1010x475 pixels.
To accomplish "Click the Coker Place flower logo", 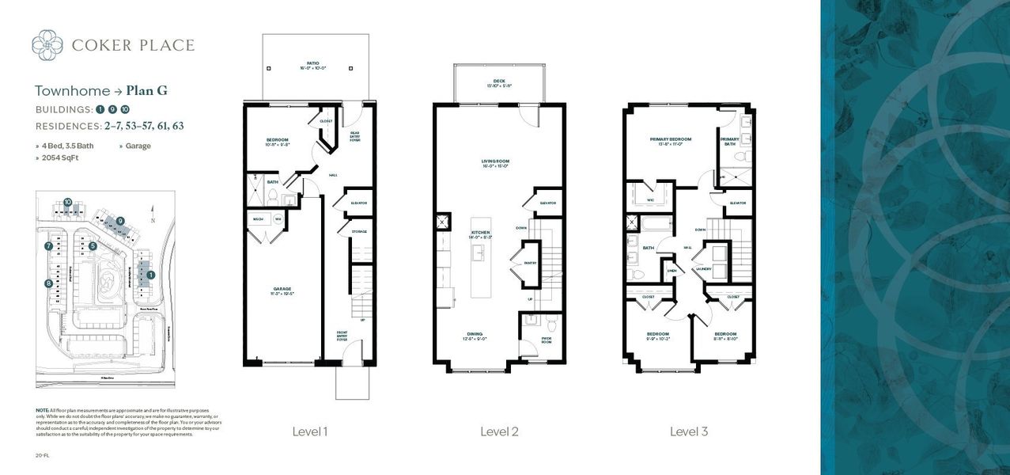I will [x=47, y=44].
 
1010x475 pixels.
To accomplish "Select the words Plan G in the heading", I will [x=146, y=90].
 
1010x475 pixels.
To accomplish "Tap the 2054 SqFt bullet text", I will [x=61, y=158].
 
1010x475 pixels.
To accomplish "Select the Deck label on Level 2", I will [x=498, y=80].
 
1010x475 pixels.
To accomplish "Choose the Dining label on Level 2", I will [x=475, y=334].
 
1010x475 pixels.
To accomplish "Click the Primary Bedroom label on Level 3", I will [x=671, y=139].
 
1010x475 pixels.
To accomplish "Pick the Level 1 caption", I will [x=309, y=431].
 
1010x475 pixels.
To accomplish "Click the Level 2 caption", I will [x=499, y=431].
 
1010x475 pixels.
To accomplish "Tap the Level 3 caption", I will [x=689, y=431].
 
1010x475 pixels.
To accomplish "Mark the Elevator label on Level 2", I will [x=547, y=203].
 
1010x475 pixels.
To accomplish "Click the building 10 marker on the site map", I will [x=69, y=203].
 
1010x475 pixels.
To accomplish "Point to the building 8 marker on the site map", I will [x=49, y=283].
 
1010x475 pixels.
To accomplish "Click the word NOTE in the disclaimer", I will [x=42, y=409].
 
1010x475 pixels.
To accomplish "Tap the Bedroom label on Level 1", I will [x=278, y=139].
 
